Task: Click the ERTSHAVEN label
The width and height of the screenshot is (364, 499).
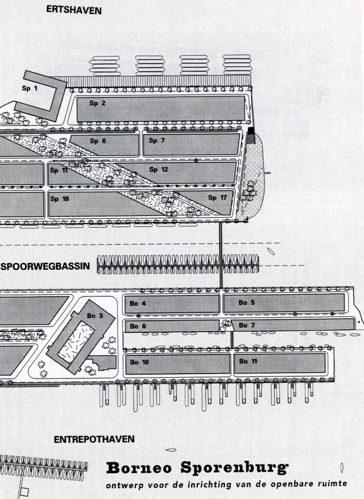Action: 74,10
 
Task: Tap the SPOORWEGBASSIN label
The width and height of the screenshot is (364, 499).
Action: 46,266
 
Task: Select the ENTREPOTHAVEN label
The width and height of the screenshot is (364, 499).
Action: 94,439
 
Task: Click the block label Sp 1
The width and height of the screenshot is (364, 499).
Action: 29,88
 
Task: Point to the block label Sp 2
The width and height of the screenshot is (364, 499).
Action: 97,103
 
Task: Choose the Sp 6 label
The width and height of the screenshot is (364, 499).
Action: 98,141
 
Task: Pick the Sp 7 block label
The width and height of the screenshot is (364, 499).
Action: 156,141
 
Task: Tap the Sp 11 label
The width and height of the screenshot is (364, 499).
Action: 59,170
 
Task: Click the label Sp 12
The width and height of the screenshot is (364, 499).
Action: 158,170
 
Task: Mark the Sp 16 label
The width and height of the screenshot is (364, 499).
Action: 59,198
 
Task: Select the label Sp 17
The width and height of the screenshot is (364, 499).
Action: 217,197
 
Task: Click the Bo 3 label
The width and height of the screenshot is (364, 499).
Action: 95,316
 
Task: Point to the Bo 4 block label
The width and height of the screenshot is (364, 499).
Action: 138,304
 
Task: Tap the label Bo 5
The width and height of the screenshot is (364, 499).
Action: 246,303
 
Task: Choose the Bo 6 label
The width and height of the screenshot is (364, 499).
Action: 138,326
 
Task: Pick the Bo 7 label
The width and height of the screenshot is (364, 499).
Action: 247,325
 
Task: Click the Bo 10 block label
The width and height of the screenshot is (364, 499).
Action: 140,362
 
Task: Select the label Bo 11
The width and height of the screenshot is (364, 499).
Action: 248,361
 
